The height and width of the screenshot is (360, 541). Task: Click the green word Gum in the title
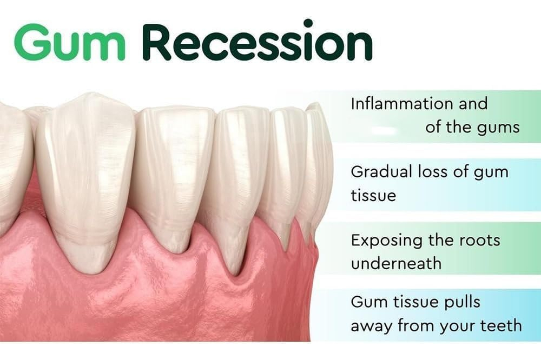(69, 42)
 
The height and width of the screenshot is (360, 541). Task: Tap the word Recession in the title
(258, 41)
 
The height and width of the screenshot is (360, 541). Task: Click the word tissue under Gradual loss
(373, 195)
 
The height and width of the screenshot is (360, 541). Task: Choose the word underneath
(396, 263)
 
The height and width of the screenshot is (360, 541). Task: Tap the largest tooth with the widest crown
(84, 179)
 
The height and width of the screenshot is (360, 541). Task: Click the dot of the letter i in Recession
(308, 23)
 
